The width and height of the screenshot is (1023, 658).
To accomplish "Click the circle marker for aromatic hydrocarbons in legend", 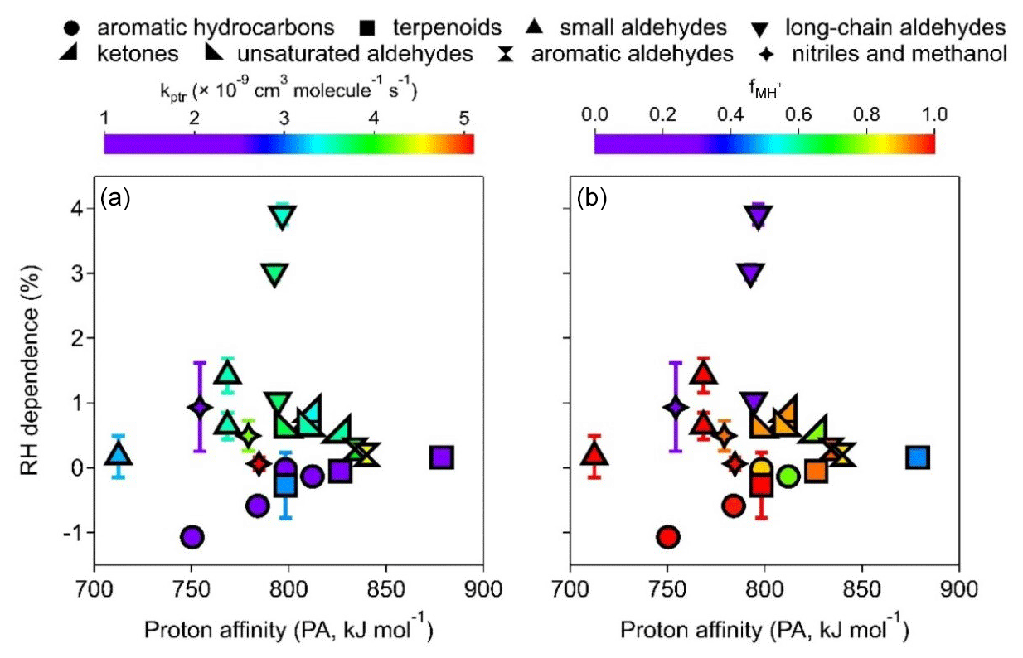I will [x=72, y=28].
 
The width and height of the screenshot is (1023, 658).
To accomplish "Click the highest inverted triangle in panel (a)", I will [x=283, y=217].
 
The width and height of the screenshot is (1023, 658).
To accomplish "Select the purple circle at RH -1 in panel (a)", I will [x=192, y=537].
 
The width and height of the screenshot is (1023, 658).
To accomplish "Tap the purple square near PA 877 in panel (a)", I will [x=441, y=457].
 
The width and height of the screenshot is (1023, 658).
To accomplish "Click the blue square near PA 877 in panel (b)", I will [x=917, y=457].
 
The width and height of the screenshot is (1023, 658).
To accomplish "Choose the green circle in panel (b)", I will [x=788, y=476].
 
